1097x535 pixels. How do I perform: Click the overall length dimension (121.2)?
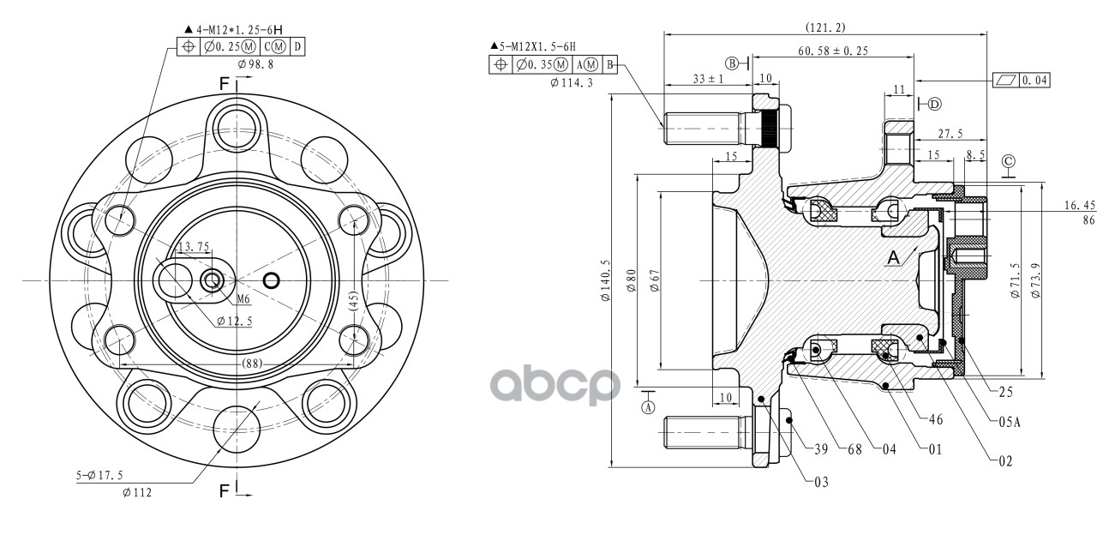click(825, 28)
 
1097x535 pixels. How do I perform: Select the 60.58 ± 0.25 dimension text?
click(833, 51)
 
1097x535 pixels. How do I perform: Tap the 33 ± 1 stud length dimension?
click(708, 78)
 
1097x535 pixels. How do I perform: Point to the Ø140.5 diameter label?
click(606, 280)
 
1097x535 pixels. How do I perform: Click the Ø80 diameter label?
click(631, 280)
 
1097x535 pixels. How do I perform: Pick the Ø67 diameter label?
click(655, 280)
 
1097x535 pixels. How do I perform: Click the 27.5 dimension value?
click(950, 134)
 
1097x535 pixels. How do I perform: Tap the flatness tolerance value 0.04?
click(1034, 80)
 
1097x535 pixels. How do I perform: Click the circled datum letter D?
click(934, 104)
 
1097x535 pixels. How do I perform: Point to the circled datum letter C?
click(1009, 161)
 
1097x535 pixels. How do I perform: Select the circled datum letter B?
click(732, 63)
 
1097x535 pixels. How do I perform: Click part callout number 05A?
click(1010, 421)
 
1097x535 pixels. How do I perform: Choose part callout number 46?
click(936, 419)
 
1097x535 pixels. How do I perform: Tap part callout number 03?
click(821, 482)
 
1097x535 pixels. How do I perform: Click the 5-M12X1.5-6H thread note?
click(533, 46)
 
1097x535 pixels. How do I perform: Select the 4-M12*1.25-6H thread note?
click(234, 30)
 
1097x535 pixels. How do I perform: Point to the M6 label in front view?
click(243, 299)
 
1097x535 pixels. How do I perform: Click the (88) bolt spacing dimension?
click(253, 364)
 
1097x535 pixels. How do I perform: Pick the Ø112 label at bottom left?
click(137, 492)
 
